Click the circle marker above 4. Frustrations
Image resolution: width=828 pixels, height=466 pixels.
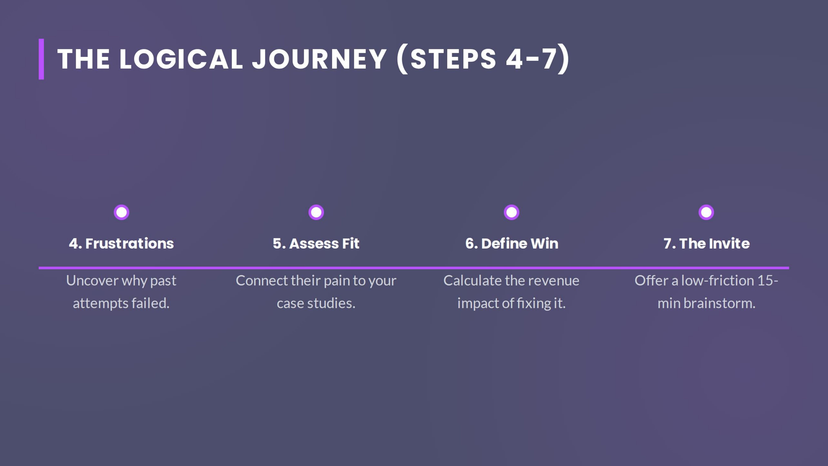coord(122,212)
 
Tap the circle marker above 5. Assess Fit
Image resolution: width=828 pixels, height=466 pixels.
coord(316,212)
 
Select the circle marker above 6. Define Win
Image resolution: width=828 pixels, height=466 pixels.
coord(511,212)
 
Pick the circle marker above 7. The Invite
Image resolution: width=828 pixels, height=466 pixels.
coord(706,212)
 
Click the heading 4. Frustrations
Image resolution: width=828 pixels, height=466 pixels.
coord(122,243)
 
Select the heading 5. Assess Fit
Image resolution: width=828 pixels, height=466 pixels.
coord(316,243)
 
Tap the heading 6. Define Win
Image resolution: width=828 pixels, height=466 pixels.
coord(512,243)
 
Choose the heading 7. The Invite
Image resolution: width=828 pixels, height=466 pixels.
coord(706,243)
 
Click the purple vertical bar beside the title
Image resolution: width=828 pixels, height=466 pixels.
coord(41,59)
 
